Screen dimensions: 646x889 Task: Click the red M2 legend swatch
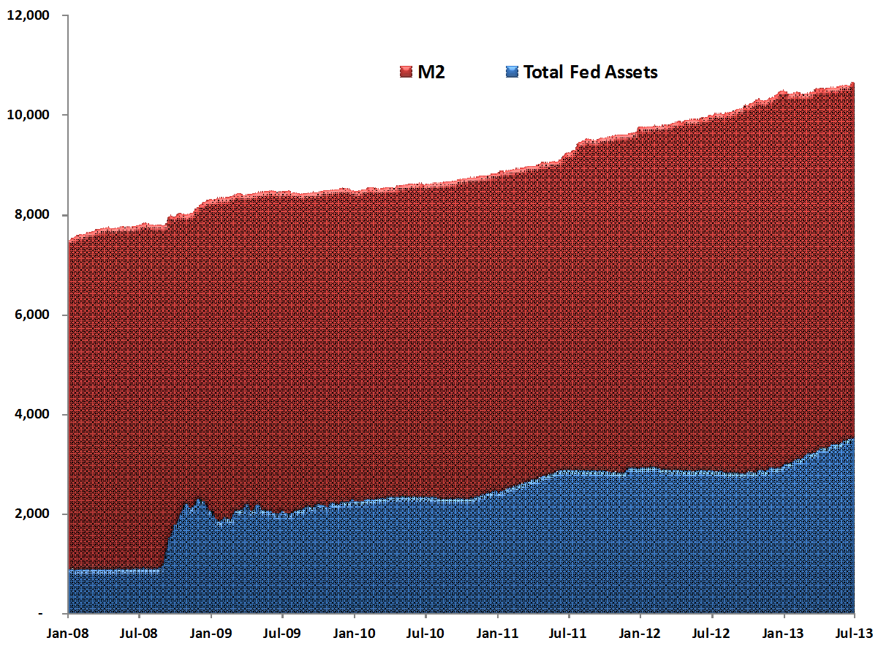pyautogui.click(x=406, y=72)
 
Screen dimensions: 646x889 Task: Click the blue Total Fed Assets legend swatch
pyautogui.click(x=512, y=72)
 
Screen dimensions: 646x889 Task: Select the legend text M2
pyautogui.click(x=432, y=72)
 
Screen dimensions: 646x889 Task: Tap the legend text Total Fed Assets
pyautogui.click(x=591, y=72)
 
